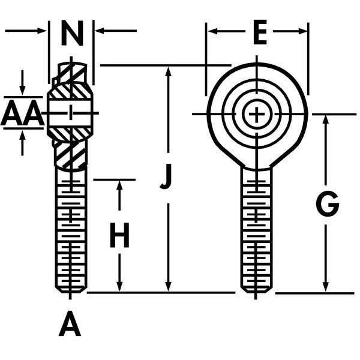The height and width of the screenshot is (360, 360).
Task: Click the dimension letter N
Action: tap(73, 35)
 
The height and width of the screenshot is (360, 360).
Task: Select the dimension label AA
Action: tap(22, 115)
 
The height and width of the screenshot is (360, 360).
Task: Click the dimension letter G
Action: tap(328, 205)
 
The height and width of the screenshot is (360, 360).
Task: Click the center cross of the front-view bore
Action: tap(257, 113)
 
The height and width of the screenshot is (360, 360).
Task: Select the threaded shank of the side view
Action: tap(71, 234)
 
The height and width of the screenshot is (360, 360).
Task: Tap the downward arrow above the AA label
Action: tap(23, 91)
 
